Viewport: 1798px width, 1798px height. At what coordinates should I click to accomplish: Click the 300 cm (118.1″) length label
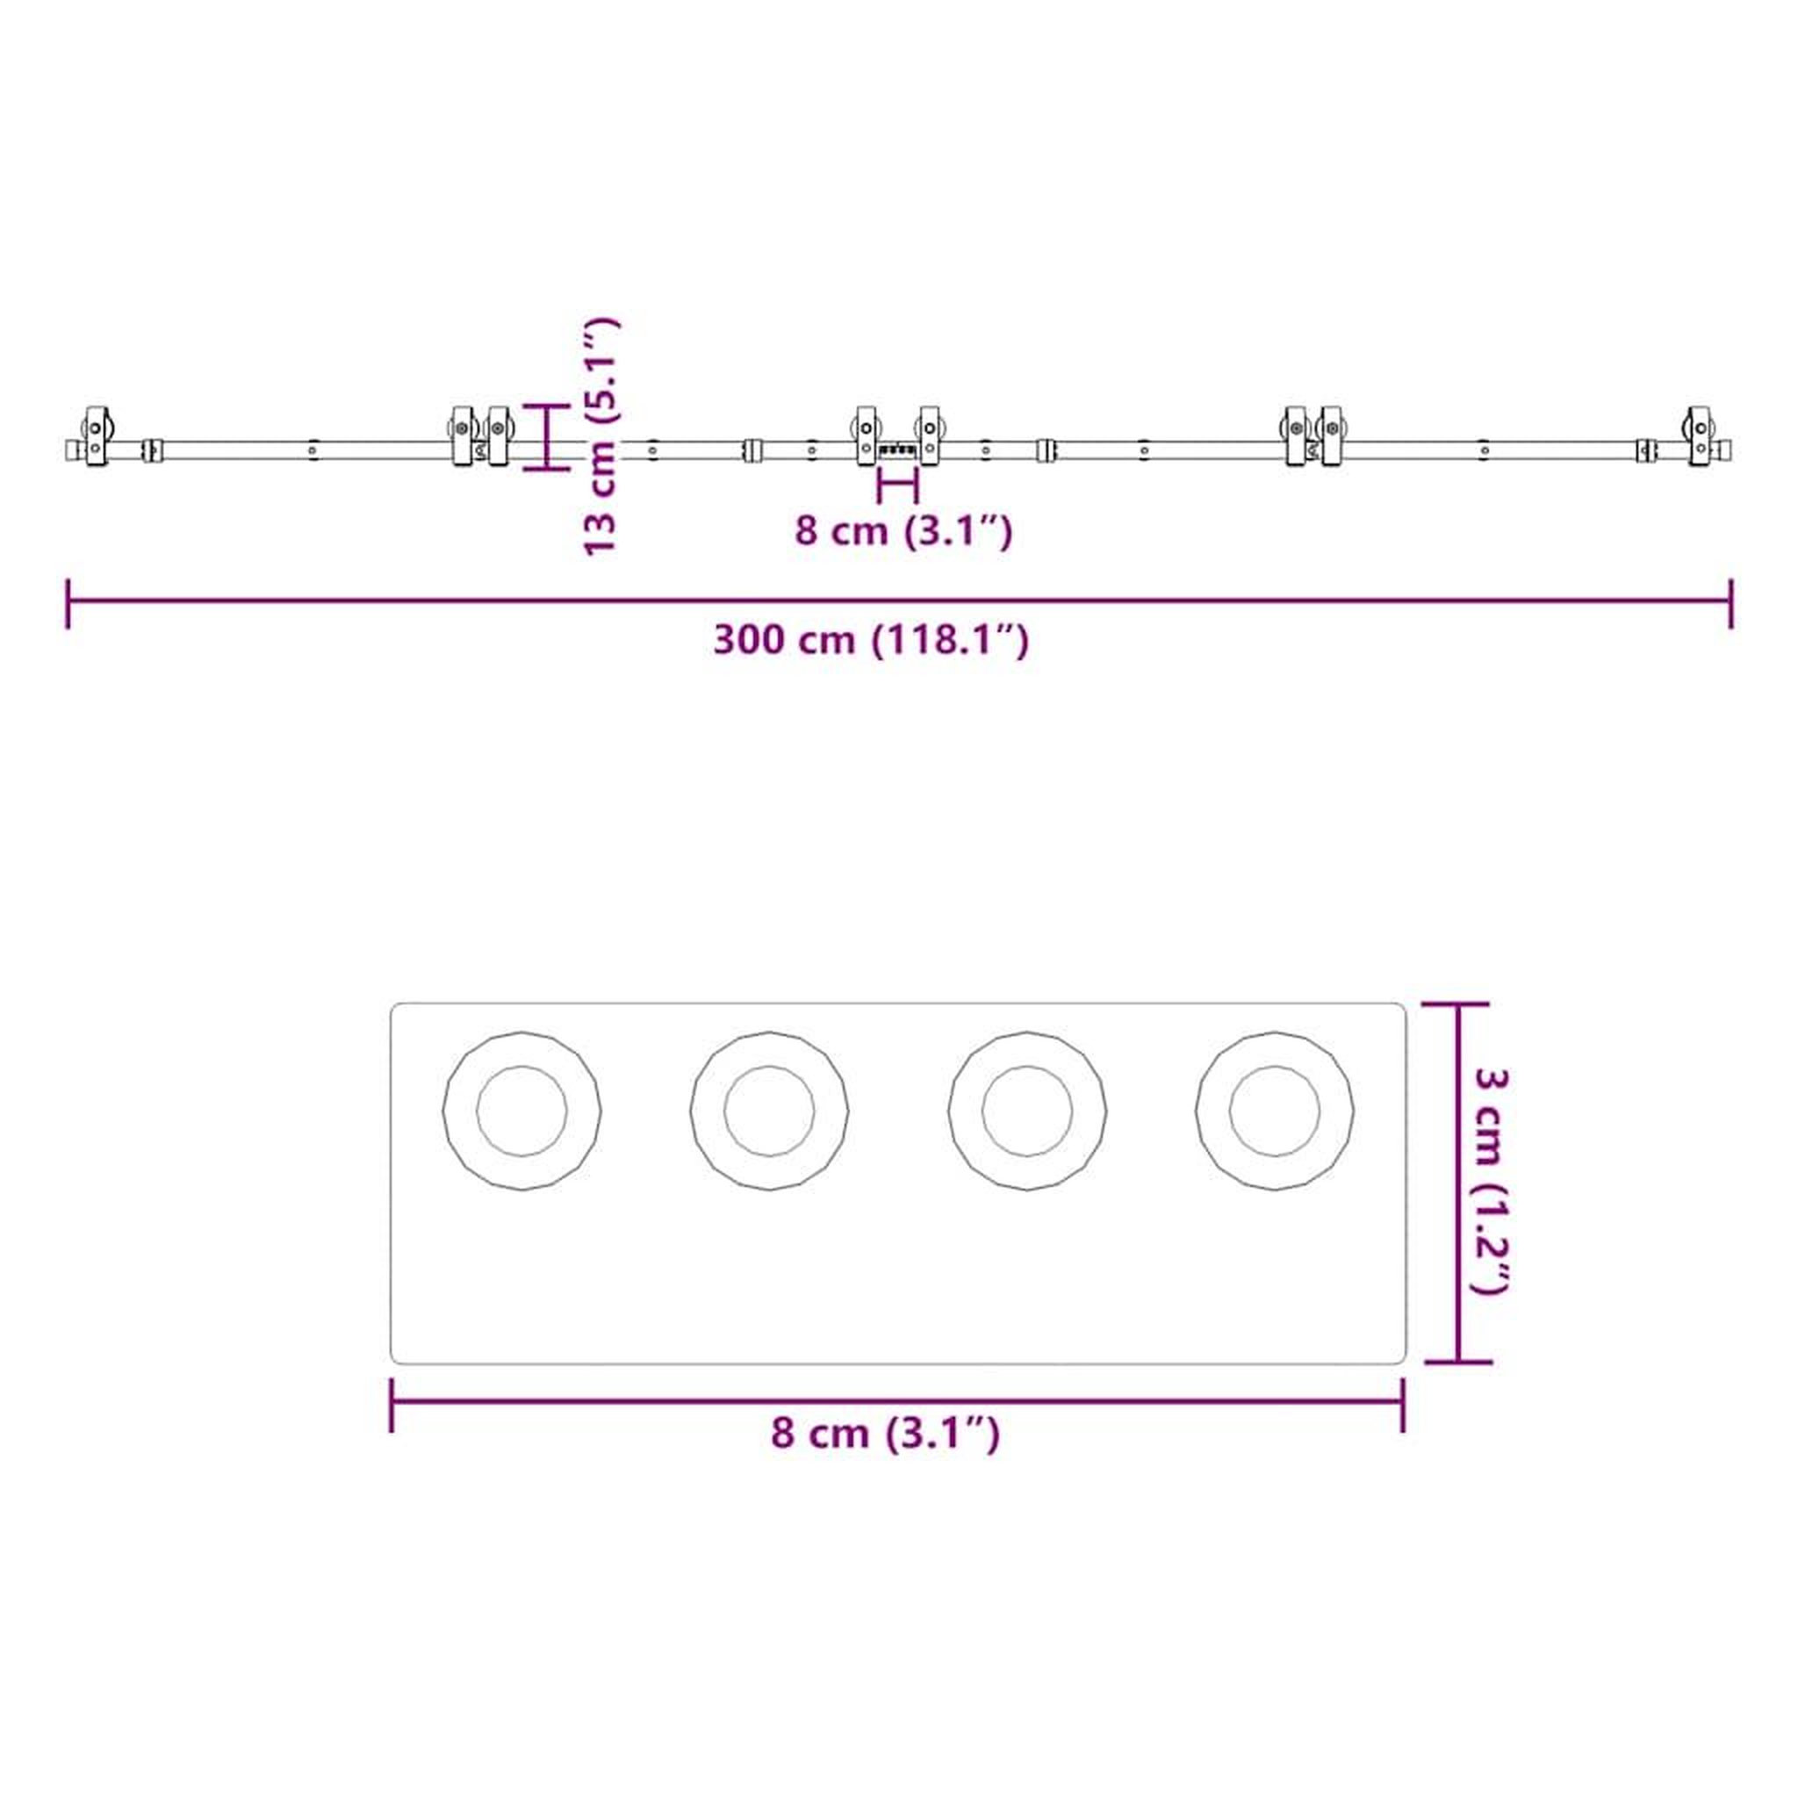871,641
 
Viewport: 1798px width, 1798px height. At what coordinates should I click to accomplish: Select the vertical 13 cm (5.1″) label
601,435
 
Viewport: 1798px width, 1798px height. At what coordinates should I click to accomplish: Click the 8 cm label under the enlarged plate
885,1433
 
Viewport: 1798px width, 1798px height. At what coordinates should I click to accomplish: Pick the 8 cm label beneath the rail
903,531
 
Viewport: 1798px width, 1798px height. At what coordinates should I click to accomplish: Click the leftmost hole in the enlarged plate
521,1111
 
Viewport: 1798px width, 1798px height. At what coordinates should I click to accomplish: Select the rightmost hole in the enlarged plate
1275,1111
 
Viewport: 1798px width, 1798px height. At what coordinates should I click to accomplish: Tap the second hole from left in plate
769,1111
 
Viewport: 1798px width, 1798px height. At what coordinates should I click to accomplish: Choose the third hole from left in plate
1027,1111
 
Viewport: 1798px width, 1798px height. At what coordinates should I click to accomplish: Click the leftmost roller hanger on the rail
97,435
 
